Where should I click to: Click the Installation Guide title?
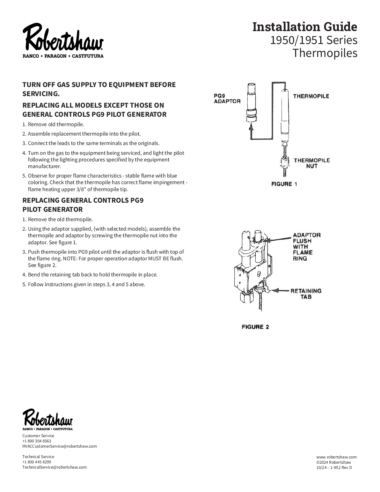pyautogui.click(x=305, y=27)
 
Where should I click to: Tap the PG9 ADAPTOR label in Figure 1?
pyautogui.click(x=227, y=98)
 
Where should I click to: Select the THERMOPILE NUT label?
pyautogui.click(x=312, y=163)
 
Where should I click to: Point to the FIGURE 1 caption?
pyautogui.click(x=284, y=184)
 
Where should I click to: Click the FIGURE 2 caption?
pyautogui.click(x=255, y=327)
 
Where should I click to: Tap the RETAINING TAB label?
pyautogui.click(x=306, y=294)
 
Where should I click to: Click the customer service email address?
pyautogui.click(x=59, y=446)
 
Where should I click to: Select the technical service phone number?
pyautogui.click(x=37, y=462)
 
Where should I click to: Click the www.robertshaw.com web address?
pyautogui.click(x=336, y=457)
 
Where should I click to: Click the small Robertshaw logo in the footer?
pyautogui.click(x=47, y=419)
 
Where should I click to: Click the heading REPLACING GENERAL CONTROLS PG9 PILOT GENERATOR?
pyautogui.click(x=83, y=205)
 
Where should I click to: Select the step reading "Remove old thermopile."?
pyautogui.click(x=56, y=124)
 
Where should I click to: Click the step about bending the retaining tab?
pyautogui.click(x=93, y=275)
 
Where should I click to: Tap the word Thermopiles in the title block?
pyautogui.click(x=325, y=53)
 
